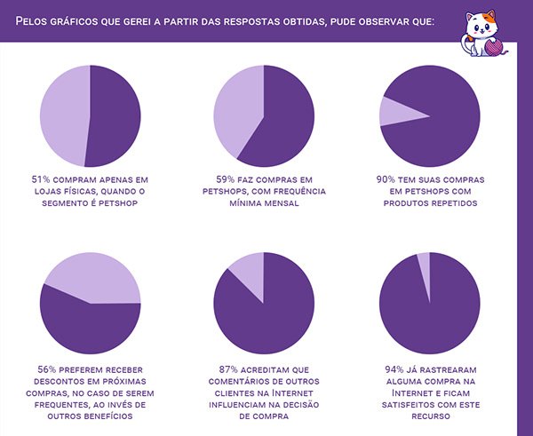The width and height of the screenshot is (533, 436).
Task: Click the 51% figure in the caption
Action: click(x=40, y=178)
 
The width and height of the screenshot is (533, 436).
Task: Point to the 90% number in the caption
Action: click(x=386, y=178)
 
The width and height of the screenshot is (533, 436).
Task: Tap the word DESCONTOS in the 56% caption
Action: click(x=59, y=380)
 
